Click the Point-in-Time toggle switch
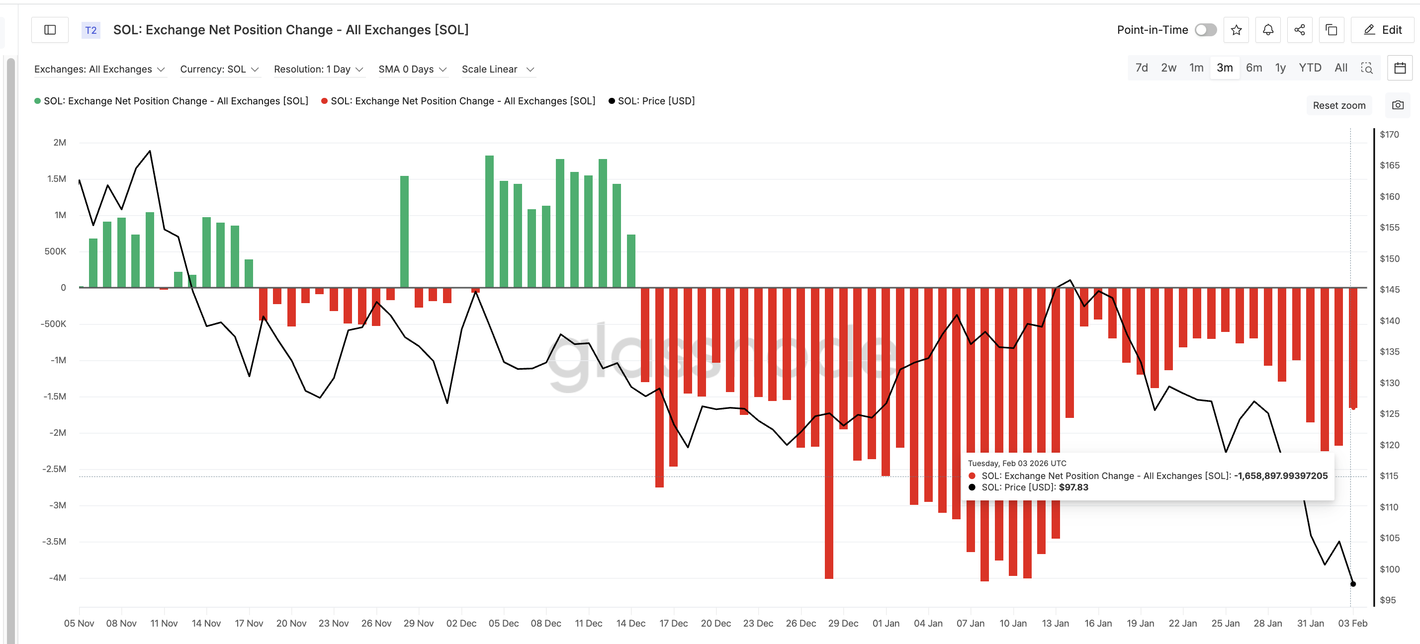click(x=1205, y=30)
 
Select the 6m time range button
click(x=1253, y=68)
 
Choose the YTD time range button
click(x=1309, y=68)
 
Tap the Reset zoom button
click(x=1338, y=105)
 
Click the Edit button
click(x=1383, y=30)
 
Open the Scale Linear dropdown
click(x=498, y=70)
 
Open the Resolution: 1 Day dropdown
click(x=318, y=70)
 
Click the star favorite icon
click(x=1236, y=30)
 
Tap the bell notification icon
click(x=1268, y=30)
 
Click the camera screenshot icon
click(x=1398, y=105)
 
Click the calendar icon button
click(x=1400, y=68)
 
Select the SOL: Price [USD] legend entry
click(x=655, y=101)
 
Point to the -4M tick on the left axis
click(x=57, y=577)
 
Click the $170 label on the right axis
click(x=1389, y=135)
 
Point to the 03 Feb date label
click(x=1352, y=623)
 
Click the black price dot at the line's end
click(x=1353, y=584)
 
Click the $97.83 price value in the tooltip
click(x=1073, y=487)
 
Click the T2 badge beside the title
click(x=91, y=30)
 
